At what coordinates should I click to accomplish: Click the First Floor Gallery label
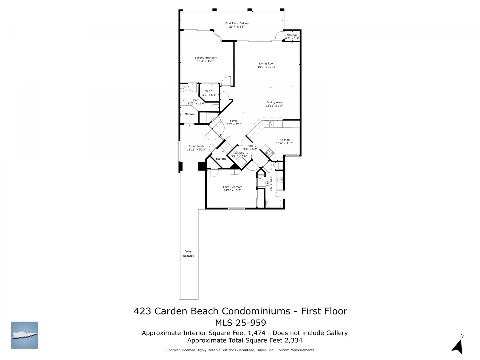pyautogui.click(x=237, y=23)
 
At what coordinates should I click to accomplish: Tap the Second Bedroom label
pyautogui.click(x=206, y=58)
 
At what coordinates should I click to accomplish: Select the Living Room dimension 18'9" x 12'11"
pyautogui.click(x=267, y=67)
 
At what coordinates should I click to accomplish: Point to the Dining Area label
pyautogui.click(x=274, y=102)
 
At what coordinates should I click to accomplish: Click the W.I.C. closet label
pyautogui.click(x=209, y=91)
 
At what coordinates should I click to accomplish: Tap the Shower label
pyautogui.click(x=190, y=114)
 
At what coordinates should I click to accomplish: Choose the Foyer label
pyautogui.click(x=234, y=121)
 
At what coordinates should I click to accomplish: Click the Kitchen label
pyautogui.click(x=285, y=140)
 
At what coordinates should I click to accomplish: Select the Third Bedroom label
pyautogui.click(x=232, y=187)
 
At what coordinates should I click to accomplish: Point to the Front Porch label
pyautogui.click(x=196, y=146)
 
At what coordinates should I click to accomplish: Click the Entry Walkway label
pyautogui.click(x=188, y=254)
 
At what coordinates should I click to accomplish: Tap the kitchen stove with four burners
pyautogui.click(x=269, y=152)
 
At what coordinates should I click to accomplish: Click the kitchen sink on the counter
pyautogui.click(x=271, y=124)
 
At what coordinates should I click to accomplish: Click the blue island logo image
pyautogui.click(x=24, y=335)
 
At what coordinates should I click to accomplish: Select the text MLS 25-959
pyautogui.click(x=240, y=323)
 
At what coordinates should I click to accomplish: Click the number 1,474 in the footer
pyautogui.click(x=256, y=333)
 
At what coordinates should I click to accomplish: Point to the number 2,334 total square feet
pyautogui.click(x=293, y=340)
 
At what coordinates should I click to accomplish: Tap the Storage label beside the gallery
pyautogui.click(x=292, y=35)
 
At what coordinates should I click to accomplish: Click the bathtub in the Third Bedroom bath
pyautogui.click(x=274, y=203)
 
